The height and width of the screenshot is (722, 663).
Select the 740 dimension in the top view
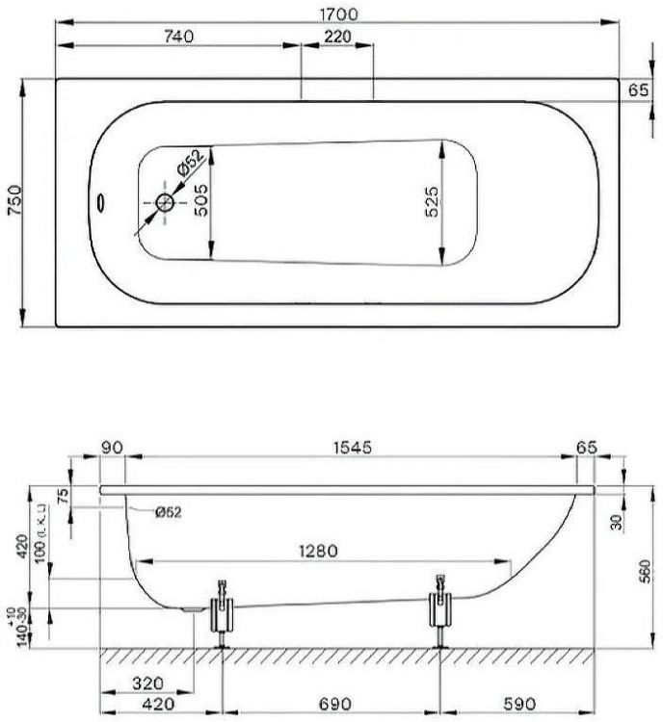179,37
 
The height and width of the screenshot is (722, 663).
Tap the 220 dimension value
337,37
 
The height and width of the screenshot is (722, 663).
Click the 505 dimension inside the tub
199,202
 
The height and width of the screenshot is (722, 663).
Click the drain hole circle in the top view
165,203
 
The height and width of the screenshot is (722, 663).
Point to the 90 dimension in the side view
113,448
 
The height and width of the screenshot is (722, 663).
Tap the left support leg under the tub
222,613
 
